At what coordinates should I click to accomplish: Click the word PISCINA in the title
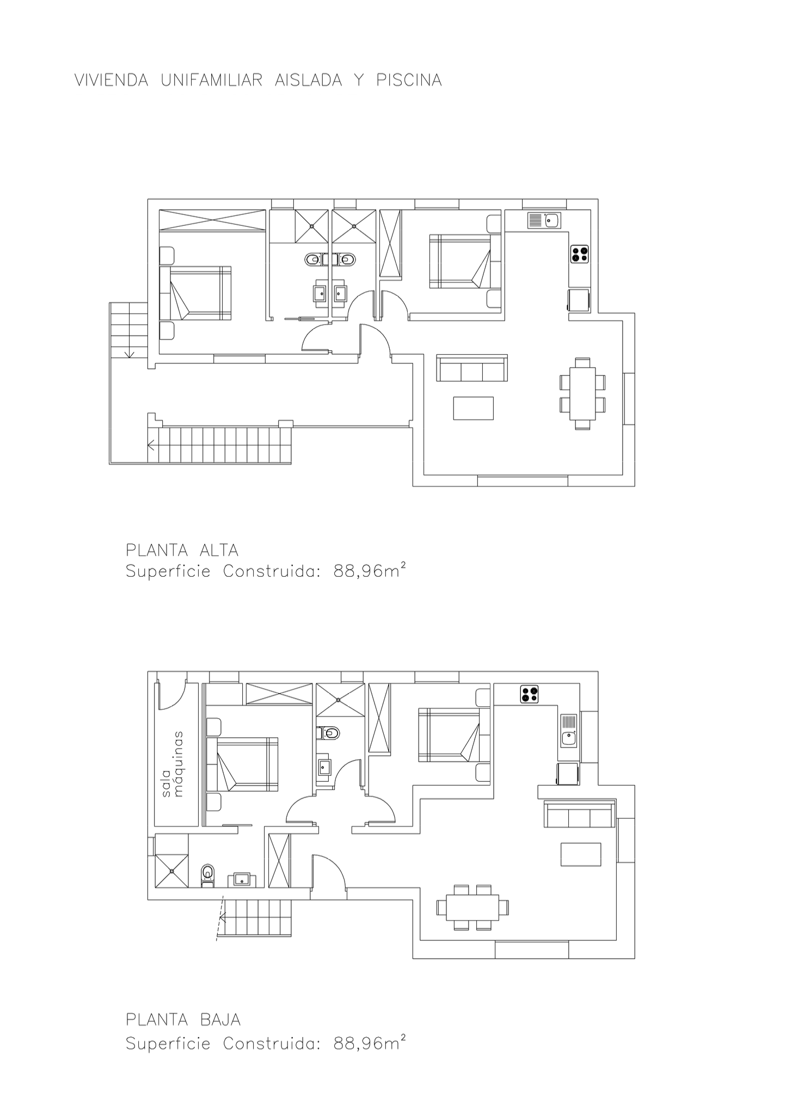(408, 81)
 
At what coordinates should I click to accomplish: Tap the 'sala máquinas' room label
(171, 764)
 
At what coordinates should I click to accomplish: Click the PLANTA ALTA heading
(182, 550)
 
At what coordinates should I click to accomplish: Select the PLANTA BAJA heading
(183, 1019)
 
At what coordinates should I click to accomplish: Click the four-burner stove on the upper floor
(580, 254)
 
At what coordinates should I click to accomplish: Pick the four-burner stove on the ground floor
(530, 694)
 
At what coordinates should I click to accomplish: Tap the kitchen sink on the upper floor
(544, 220)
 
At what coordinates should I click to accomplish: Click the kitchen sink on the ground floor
(569, 731)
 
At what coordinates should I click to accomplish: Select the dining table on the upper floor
(582, 393)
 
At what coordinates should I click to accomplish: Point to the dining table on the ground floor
(472, 907)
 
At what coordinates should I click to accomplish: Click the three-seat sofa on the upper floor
(472, 368)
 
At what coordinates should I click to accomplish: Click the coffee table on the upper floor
(474, 408)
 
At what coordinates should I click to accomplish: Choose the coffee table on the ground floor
(581, 854)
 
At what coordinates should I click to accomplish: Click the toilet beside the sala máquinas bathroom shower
(207, 874)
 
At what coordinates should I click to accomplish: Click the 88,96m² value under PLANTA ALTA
(370, 572)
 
